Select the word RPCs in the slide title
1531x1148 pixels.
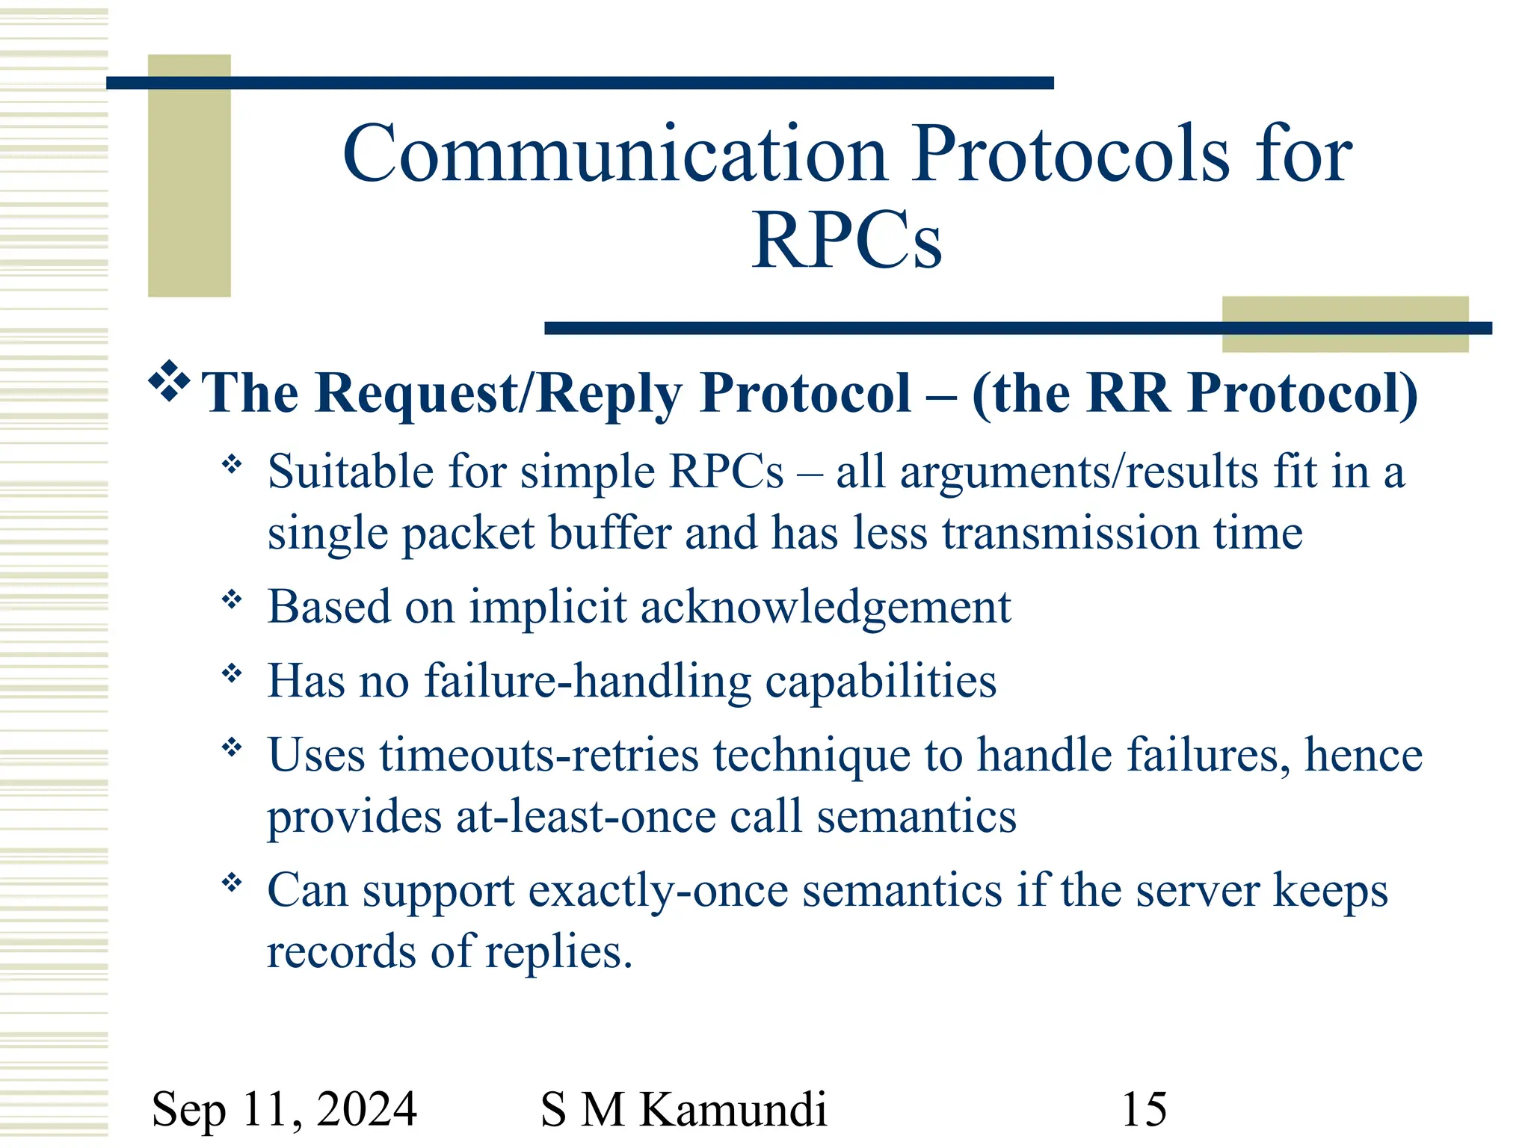click(x=846, y=241)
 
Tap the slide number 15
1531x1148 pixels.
click(x=1144, y=1108)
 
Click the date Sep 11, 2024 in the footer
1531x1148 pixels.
click(x=284, y=1108)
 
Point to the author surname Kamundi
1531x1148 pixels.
click(x=733, y=1108)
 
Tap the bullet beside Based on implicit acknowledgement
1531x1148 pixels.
click(x=232, y=599)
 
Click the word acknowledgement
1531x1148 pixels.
click(x=825, y=607)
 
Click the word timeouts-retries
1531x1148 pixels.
click(x=539, y=755)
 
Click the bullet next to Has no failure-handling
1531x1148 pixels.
click(x=232, y=673)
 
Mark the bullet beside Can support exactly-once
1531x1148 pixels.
click(x=232, y=883)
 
